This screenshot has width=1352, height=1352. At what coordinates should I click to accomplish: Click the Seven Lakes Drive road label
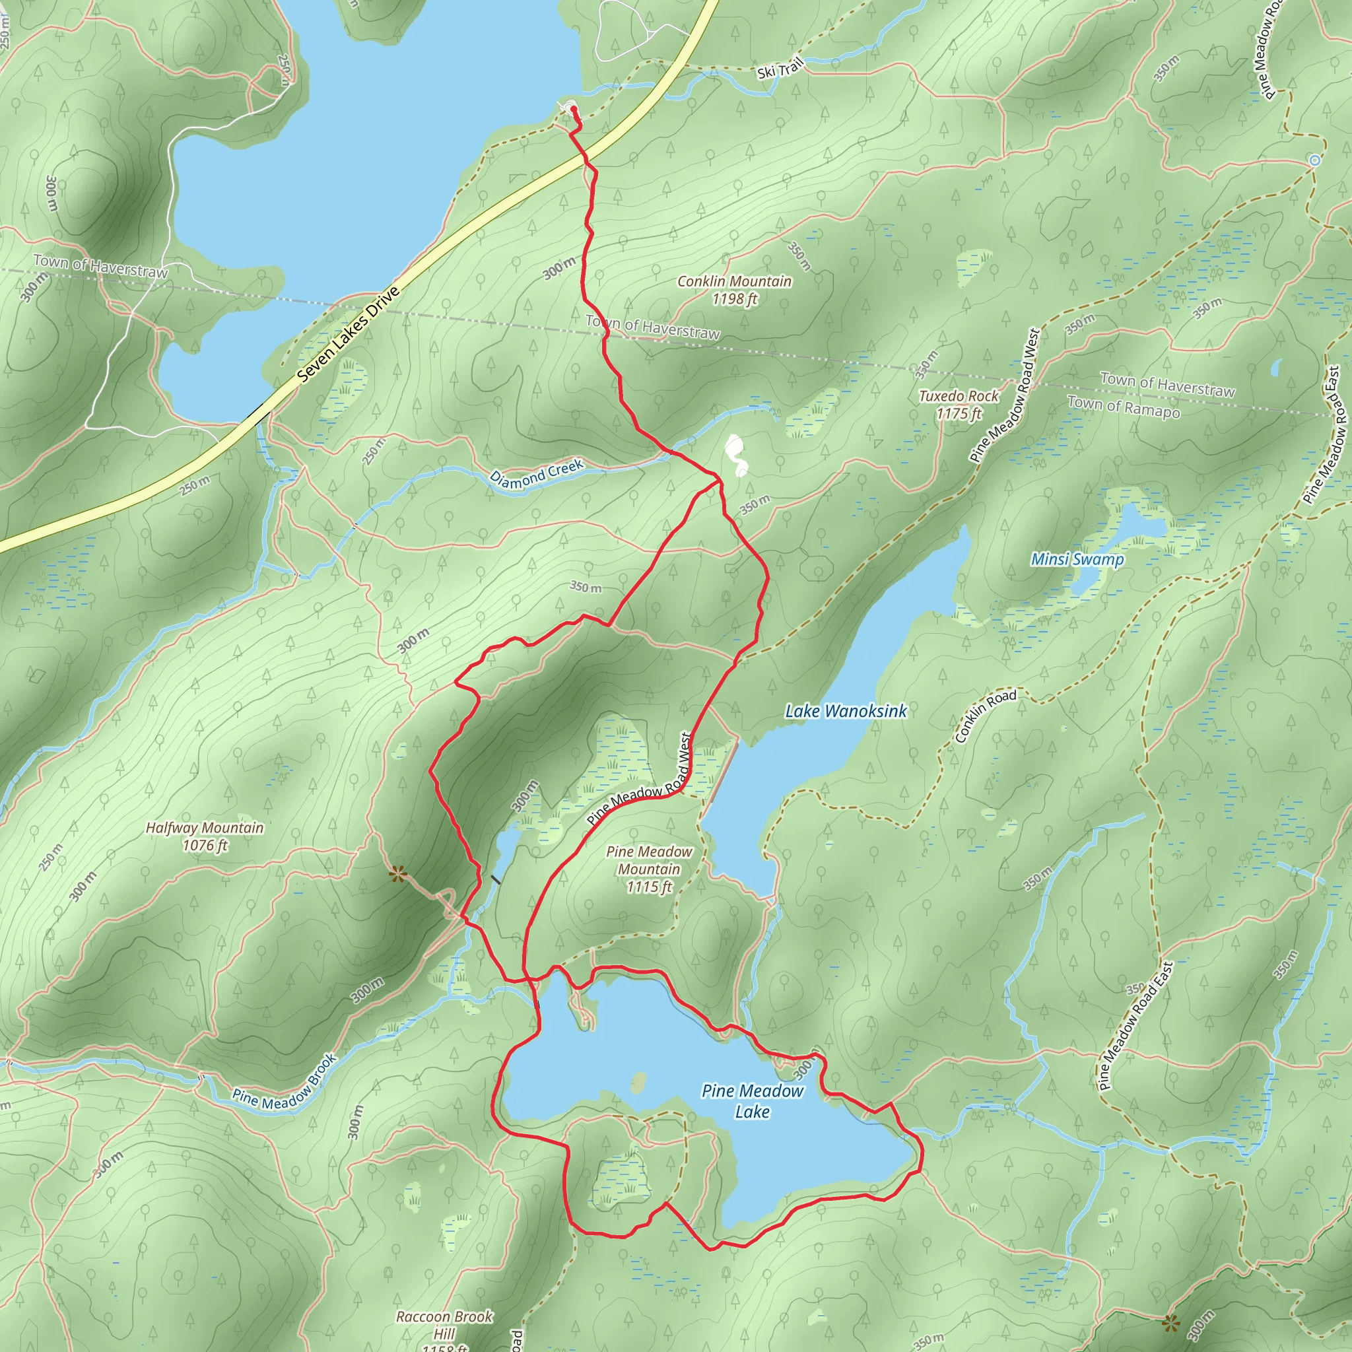(x=348, y=335)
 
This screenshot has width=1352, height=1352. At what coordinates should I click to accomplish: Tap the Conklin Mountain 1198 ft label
(x=734, y=290)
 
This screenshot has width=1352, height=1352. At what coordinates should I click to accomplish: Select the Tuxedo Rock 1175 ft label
(x=959, y=405)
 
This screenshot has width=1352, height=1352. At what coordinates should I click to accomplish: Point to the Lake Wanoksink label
(x=846, y=711)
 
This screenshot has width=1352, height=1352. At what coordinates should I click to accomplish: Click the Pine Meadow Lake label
(x=753, y=1100)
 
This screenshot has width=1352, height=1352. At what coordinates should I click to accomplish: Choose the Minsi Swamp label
(x=1077, y=559)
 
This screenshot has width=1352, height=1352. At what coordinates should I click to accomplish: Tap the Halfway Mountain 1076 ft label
(x=205, y=836)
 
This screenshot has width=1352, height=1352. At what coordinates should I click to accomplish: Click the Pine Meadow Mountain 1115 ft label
(x=649, y=869)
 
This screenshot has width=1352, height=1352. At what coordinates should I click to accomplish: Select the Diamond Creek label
(x=536, y=474)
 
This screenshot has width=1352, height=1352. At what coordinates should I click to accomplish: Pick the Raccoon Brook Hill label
(x=444, y=1325)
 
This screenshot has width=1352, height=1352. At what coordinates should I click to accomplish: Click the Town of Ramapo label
(x=1123, y=407)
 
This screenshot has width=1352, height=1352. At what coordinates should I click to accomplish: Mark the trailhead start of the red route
(x=574, y=110)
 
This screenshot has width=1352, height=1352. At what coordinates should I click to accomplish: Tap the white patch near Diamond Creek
(x=735, y=454)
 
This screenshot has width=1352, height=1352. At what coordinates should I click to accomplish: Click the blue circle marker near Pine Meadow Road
(x=1315, y=160)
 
